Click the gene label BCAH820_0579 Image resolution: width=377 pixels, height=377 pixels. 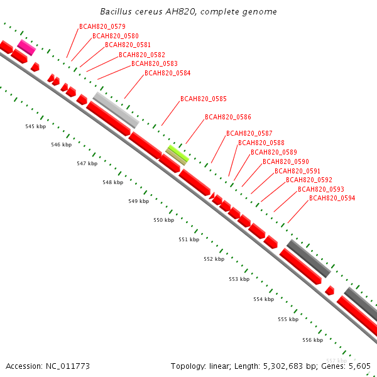pos(102,26)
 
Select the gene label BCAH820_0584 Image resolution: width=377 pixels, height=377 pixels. pos(167,73)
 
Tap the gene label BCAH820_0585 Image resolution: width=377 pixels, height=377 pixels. pos(203,99)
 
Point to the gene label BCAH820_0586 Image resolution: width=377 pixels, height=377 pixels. pos(227,117)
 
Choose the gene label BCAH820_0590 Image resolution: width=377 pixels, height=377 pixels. pos(285,161)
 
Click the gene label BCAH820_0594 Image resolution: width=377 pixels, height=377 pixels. pos(332,198)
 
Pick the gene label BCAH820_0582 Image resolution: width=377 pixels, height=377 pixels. pos(141,55)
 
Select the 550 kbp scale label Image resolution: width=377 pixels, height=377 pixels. pos(163,220)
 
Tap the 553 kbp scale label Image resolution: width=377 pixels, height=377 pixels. pos(239,278)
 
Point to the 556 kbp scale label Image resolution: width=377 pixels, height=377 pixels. pos(312,340)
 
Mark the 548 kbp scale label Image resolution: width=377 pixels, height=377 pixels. pos(112,182)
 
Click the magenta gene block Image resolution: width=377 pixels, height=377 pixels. pos(26,46)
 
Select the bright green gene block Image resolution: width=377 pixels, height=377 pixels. pos(178,151)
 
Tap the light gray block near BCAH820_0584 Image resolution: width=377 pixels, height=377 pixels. pos(116,109)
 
